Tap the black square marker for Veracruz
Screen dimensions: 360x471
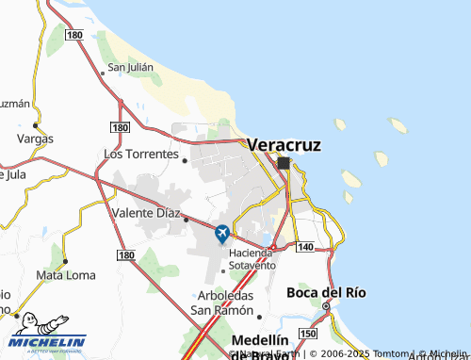point(284,163)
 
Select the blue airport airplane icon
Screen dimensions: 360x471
point(222,233)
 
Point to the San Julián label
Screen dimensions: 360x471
point(130,67)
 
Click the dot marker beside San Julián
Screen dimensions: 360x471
point(103,72)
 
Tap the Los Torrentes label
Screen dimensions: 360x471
point(140,153)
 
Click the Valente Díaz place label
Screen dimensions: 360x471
point(146,213)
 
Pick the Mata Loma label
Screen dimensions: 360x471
point(64,275)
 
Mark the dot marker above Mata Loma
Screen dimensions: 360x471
point(65,261)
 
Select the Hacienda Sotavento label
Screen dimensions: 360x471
point(251,260)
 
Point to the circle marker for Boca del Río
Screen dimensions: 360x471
point(327,306)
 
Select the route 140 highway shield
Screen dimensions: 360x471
point(303,245)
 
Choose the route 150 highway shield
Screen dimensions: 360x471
point(307,334)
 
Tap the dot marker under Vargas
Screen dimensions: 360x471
point(36,124)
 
